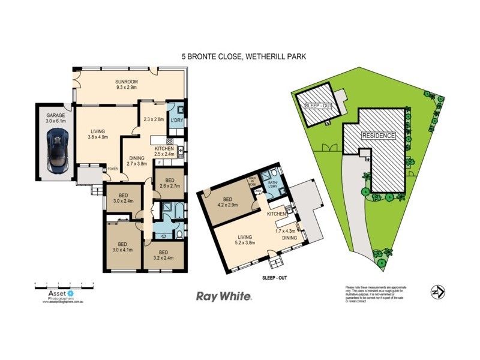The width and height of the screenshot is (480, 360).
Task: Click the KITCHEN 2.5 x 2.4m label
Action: click(164, 151)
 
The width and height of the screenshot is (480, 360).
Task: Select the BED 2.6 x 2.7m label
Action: click(170, 183)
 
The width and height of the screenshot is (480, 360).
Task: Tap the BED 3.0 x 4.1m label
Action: click(122, 247)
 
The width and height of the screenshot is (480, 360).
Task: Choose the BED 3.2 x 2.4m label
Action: click(163, 255)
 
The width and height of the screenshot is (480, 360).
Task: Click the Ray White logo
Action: click(224, 296)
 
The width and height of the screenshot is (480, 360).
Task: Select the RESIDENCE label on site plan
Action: click(378, 136)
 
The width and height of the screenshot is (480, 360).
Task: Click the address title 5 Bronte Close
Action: click(244, 57)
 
